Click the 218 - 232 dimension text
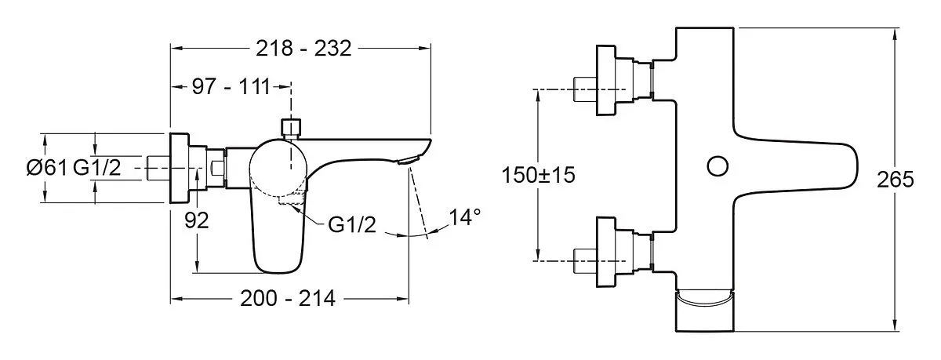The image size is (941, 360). click(x=303, y=49)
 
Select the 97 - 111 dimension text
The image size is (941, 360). click(x=231, y=87)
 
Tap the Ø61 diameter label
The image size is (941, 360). click(x=47, y=168)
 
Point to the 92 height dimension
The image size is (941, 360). click(x=196, y=220)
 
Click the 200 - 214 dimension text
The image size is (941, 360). click(x=288, y=299)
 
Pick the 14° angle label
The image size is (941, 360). click(x=464, y=216)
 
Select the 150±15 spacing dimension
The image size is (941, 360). click(x=538, y=175)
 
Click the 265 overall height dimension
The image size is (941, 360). click(x=895, y=180)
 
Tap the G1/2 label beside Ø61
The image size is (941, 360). click(x=97, y=168)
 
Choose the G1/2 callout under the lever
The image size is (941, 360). click(x=352, y=225)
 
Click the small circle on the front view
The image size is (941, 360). click(x=717, y=166)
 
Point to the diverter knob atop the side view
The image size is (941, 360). click(x=291, y=128)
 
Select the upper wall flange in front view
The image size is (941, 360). click(x=606, y=80)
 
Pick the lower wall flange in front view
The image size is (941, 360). click(x=606, y=252)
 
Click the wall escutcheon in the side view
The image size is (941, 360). click(x=180, y=169)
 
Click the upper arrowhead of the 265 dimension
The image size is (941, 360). click(x=896, y=34)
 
